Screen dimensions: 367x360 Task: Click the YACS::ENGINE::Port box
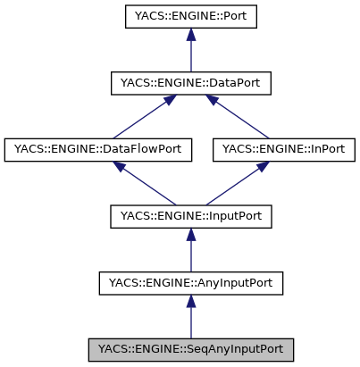(x=190, y=17)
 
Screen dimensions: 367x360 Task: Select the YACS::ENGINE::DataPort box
(x=190, y=84)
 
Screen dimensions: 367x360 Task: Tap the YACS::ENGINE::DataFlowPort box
(x=98, y=150)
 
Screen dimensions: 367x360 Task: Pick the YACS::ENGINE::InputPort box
(x=190, y=217)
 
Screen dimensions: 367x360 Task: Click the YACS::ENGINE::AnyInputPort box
(x=190, y=284)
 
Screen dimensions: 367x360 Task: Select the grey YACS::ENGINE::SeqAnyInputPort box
(x=190, y=349)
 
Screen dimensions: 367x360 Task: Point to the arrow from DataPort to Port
(x=190, y=54)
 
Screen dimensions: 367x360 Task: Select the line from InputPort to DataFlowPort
(x=147, y=186)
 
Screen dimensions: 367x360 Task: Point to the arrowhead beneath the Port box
(x=190, y=35)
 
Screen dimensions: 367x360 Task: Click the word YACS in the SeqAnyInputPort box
(x=113, y=349)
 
